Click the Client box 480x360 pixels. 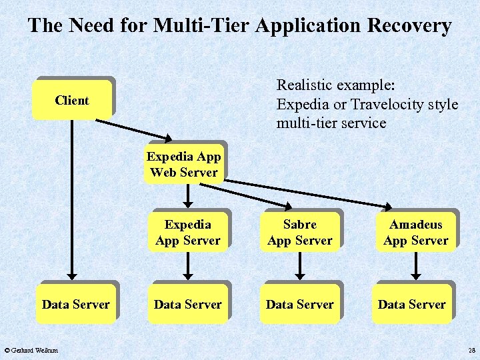pyautogui.click(x=72, y=101)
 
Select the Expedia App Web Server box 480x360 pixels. pyautogui.click(x=184, y=165)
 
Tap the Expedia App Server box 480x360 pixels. pyautogui.click(x=187, y=233)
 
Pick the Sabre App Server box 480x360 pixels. pyautogui.click(x=299, y=233)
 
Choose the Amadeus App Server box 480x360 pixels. pyautogui.click(x=415, y=233)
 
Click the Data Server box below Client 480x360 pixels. pyautogui.click(x=75, y=305)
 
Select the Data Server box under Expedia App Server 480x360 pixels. pyautogui.click(x=187, y=305)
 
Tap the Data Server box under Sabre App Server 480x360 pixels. pyautogui.click(x=299, y=305)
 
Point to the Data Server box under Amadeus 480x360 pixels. pyautogui.click(x=411, y=305)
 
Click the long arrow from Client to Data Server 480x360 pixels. pyautogui.click(x=73, y=200)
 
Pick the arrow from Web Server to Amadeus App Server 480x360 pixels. pyautogui.click(x=313, y=191)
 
